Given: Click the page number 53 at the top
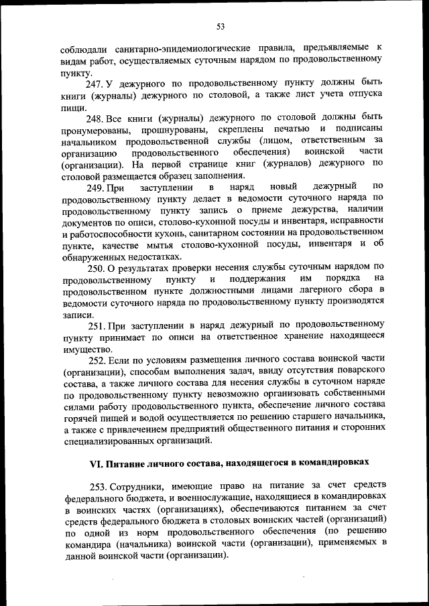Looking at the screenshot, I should [220, 26].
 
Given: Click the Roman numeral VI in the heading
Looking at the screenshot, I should [96, 463].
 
